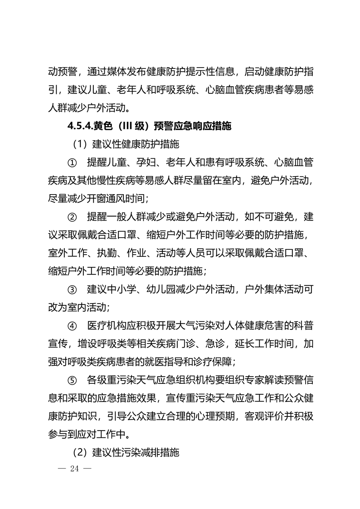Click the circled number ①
point(72,162)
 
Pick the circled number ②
point(72,216)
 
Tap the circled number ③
point(72,288)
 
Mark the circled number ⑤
point(72,379)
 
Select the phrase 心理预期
point(213,415)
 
